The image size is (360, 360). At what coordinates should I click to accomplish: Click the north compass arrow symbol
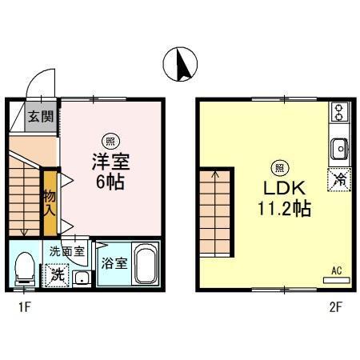coord(180,64)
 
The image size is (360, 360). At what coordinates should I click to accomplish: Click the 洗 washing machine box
coord(58,274)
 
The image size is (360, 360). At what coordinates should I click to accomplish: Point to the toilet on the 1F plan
coord(24,268)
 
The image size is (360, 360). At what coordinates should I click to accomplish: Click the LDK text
coord(280,190)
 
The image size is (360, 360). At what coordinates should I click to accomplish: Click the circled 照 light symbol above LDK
coord(280,168)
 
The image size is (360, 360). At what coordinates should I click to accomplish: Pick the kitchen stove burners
coord(338,111)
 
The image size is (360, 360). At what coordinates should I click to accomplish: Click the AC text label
coord(336,271)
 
